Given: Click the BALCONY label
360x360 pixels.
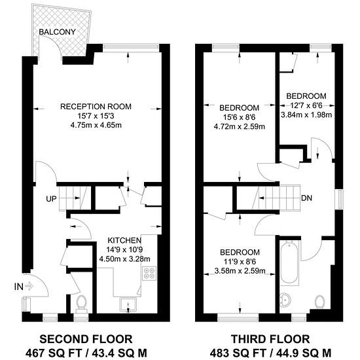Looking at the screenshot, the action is click(x=57, y=32).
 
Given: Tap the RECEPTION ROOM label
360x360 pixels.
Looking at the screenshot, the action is click(x=96, y=107).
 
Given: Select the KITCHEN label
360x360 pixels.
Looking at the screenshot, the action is click(x=124, y=240).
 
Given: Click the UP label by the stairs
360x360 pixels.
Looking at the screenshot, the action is click(x=51, y=199).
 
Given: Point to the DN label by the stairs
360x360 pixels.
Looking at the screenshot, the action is click(x=306, y=198).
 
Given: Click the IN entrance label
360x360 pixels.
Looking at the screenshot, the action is click(x=19, y=287).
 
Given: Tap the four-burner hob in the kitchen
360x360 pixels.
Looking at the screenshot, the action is click(x=150, y=273).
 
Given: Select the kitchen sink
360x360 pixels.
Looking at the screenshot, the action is click(x=128, y=304).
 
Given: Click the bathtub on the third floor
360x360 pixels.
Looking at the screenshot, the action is click(x=289, y=263).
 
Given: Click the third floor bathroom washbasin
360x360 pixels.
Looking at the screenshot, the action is click(x=285, y=300).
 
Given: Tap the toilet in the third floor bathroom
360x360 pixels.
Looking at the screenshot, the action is click(x=319, y=302).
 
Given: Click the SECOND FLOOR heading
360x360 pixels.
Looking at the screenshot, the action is click(x=86, y=339).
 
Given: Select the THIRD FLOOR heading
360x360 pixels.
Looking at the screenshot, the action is click(x=270, y=339).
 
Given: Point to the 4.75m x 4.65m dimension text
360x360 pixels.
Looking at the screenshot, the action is click(x=96, y=126).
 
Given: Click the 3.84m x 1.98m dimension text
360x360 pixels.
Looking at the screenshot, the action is click(x=306, y=115).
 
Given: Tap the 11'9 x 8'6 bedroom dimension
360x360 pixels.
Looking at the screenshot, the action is click(x=240, y=262).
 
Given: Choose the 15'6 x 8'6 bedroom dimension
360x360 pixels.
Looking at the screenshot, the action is click(x=240, y=117).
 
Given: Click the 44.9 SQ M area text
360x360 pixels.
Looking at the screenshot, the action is click(x=304, y=353).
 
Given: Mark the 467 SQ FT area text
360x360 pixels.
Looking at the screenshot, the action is click(x=53, y=353).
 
